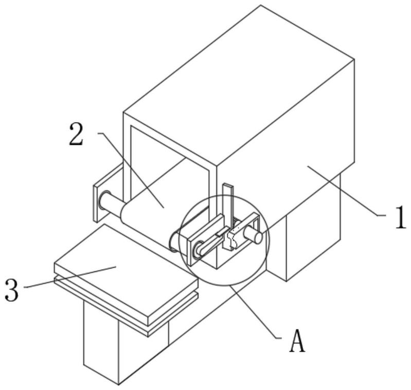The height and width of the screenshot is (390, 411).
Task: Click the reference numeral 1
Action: pyautogui.click(x=401, y=217)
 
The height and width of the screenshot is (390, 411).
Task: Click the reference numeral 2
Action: pyautogui.click(x=76, y=135)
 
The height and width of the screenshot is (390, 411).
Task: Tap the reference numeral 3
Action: pyautogui.click(x=12, y=290)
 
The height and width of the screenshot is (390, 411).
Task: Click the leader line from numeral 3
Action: pyautogui.click(x=70, y=277)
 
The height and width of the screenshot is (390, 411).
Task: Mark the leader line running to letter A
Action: pyautogui.click(x=256, y=311)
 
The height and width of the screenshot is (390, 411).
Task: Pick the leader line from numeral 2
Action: pyautogui.click(x=131, y=171)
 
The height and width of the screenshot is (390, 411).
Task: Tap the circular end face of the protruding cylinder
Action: pyautogui.click(x=257, y=238)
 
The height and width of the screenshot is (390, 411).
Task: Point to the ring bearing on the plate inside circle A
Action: pyautogui.click(x=199, y=248)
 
